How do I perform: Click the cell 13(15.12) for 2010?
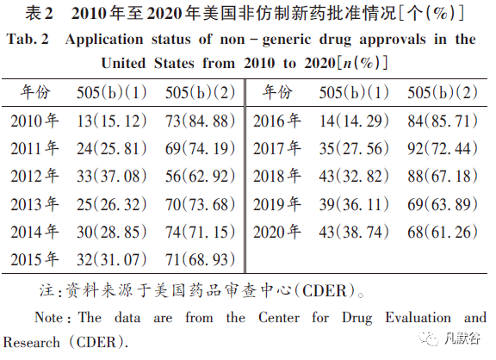[x=111, y=121]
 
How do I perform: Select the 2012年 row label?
[x=34, y=177]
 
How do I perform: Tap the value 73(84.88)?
[x=200, y=121]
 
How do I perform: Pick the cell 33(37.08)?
[x=111, y=177]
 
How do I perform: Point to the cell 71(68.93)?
[x=200, y=260]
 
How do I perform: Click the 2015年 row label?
[x=34, y=259]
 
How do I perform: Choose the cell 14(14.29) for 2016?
[x=354, y=121]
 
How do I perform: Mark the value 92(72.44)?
[x=443, y=148]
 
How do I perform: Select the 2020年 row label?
[x=277, y=232]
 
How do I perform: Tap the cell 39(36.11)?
[x=354, y=204]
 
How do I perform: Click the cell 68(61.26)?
[x=443, y=232]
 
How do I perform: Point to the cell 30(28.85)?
[x=111, y=232]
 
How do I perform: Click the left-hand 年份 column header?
[x=35, y=92]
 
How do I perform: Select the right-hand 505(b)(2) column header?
[x=443, y=93]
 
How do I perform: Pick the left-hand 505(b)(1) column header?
[x=111, y=93]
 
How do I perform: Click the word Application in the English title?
[x=104, y=40]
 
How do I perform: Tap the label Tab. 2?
[x=28, y=40]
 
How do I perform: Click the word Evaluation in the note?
[x=418, y=318]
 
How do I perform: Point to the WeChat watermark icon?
[x=429, y=338]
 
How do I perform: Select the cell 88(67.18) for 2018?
[x=443, y=177]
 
